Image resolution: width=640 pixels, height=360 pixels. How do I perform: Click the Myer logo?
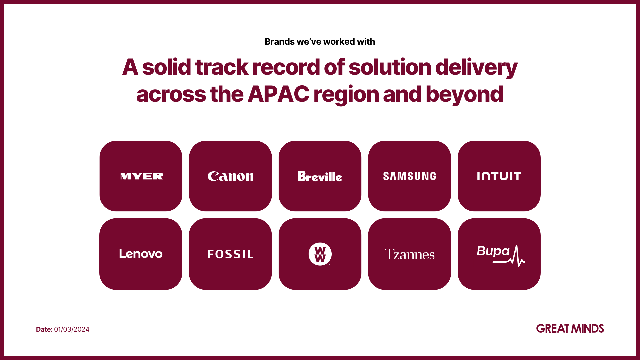[142, 176]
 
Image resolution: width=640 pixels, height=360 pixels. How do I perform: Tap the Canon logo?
[230, 176]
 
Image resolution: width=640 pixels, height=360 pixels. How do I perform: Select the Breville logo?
[320, 176]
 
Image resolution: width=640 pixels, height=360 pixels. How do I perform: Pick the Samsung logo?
[409, 176]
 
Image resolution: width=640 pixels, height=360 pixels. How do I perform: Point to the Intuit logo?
[499, 176]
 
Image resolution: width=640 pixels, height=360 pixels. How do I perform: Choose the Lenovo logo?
[141, 254]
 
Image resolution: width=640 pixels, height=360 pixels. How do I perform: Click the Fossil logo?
[230, 254]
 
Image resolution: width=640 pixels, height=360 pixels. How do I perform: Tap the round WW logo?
[320, 254]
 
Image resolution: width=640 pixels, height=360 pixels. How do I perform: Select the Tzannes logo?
[409, 254]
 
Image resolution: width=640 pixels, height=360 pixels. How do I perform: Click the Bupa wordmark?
[493, 251]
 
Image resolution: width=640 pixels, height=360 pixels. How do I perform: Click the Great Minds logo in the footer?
[570, 329]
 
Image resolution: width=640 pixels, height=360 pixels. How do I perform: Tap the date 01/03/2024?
[72, 329]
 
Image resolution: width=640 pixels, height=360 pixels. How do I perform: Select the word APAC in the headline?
[278, 94]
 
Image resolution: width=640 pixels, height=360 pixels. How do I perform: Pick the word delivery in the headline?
[476, 68]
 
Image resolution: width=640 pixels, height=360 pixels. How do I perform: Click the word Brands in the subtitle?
[280, 42]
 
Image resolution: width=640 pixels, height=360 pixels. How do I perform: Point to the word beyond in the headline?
[464, 95]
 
